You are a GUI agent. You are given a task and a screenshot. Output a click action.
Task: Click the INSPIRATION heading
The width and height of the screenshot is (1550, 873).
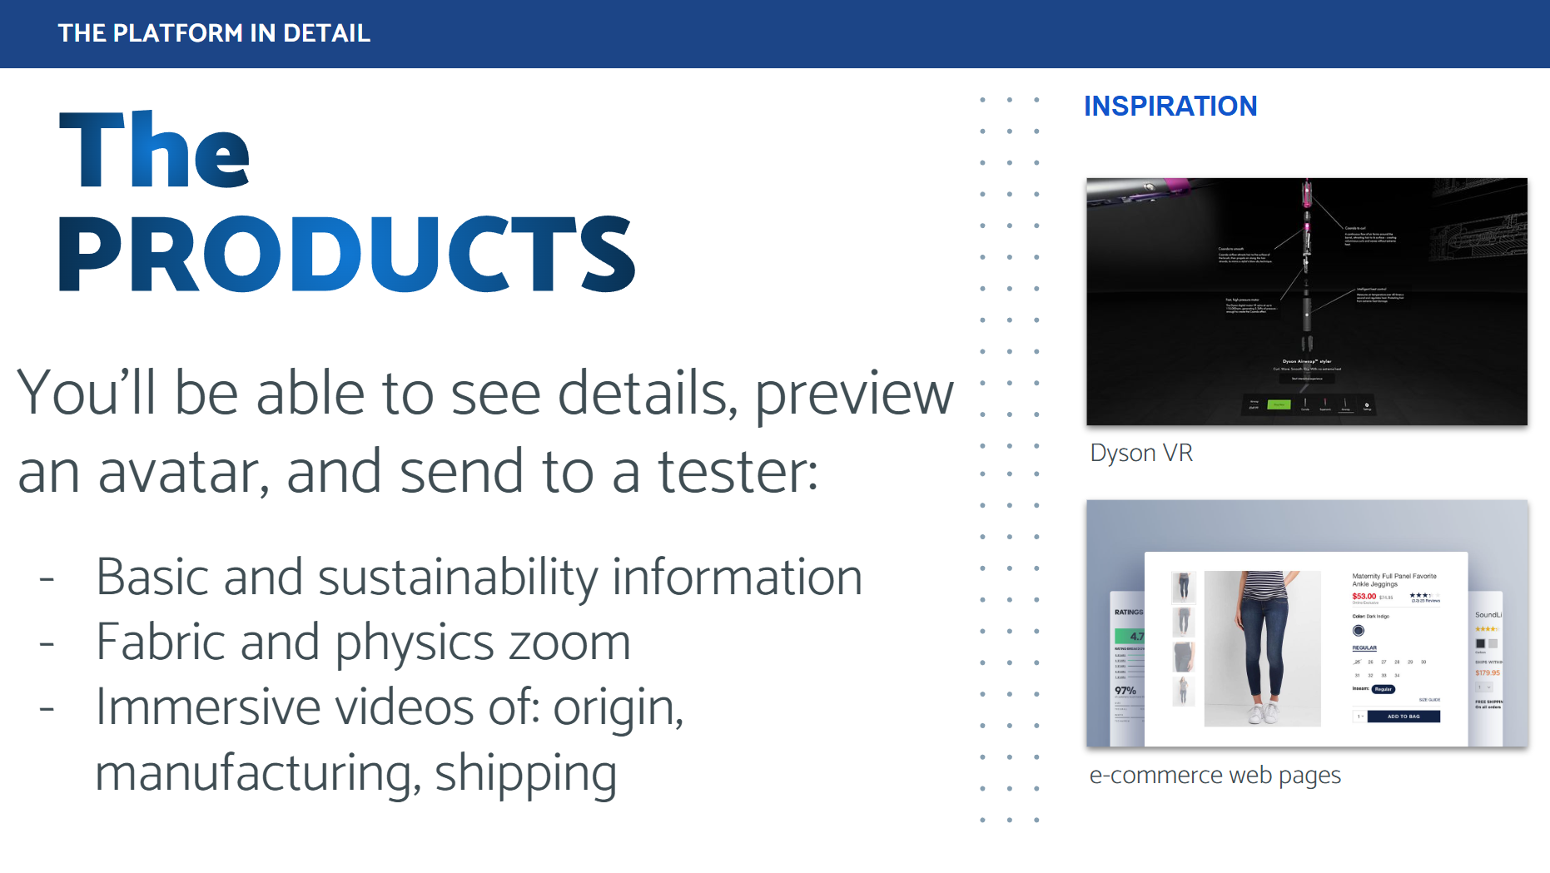coord(1170,107)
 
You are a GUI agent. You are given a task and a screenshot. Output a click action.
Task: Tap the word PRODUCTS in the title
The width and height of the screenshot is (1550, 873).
coord(346,254)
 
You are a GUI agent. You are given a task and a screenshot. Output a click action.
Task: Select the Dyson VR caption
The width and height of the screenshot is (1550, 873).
coord(1140,453)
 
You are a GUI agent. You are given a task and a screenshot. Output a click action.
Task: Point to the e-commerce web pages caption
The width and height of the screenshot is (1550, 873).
coord(1215,775)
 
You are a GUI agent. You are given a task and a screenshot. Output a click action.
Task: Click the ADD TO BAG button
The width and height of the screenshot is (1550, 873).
coord(1403,716)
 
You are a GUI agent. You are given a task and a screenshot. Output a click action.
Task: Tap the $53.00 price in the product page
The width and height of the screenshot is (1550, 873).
coord(1364,596)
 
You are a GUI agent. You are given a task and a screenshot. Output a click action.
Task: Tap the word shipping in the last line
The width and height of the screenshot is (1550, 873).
coord(525,772)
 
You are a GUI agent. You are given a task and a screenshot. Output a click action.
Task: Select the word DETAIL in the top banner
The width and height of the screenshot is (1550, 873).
coord(326,33)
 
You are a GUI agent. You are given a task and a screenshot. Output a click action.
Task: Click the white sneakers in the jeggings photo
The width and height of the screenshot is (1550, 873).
coord(1263,712)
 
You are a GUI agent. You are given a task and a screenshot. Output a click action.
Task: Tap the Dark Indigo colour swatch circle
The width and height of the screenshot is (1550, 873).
coord(1359,630)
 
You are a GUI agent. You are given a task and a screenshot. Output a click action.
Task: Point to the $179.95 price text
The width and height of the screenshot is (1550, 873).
coord(1487,672)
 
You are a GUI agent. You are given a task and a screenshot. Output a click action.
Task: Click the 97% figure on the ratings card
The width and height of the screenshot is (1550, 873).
coord(1125,691)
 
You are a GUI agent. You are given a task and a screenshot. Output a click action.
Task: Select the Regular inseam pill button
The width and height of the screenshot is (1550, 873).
coord(1383,689)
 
